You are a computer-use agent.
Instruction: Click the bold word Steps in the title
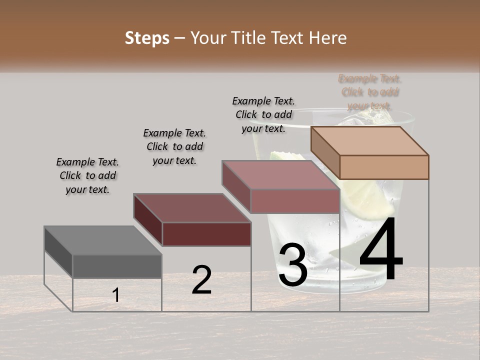tap(147, 38)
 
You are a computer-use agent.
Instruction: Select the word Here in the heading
tap(327, 38)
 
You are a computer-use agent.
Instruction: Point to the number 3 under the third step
tap(293, 265)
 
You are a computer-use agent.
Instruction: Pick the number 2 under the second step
tap(201, 280)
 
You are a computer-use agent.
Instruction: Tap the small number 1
tap(116, 295)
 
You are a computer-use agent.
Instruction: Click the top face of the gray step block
tap(102, 240)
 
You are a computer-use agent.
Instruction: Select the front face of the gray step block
tap(117, 266)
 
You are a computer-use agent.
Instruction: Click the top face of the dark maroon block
tap(192, 207)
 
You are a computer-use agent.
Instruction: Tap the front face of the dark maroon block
tap(206, 234)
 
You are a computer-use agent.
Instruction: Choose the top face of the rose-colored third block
tap(280, 175)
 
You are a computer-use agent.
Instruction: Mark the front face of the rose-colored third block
tap(295, 201)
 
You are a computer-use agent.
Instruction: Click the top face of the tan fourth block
tap(370, 140)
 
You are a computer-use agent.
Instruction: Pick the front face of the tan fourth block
tap(384, 167)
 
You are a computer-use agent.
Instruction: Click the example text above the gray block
tap(87, 175)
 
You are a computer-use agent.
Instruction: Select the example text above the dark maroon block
tap(174, 146)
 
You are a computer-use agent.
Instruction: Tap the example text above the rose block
tap(263, 114)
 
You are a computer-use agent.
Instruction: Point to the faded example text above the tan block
tap(370, 92)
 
